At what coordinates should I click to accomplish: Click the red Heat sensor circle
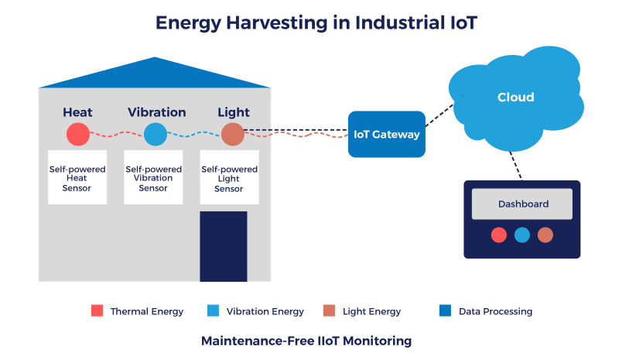click(78, 135)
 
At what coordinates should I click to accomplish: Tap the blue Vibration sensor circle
click(156, 135)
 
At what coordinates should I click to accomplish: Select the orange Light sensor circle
click(233, 135)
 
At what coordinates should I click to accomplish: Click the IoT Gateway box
click(386, 135)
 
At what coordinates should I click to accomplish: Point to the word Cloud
click(515, 98)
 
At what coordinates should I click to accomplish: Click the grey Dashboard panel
click(522, 204)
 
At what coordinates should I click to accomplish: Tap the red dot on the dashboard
click(498, 235)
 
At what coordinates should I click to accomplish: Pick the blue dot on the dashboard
click(522, 235)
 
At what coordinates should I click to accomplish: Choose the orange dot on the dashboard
click(545, 235)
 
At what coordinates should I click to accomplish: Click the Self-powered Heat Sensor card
click(77, 177)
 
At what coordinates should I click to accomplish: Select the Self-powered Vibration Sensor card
click(153, 177)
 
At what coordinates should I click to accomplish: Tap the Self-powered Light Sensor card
click(229, 177)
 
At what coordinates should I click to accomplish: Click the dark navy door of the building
click(224, 247)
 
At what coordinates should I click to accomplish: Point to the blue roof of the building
click(154, 75)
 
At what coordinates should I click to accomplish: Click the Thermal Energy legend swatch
click(97, 310)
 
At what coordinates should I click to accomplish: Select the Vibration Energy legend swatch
click(214, 310)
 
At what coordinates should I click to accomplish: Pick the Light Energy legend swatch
click(330, 310)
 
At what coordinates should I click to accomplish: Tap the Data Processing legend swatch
click(446, 310)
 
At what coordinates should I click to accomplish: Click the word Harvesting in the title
click(277, 23)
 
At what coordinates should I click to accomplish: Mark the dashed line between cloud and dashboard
click(515, 166)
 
